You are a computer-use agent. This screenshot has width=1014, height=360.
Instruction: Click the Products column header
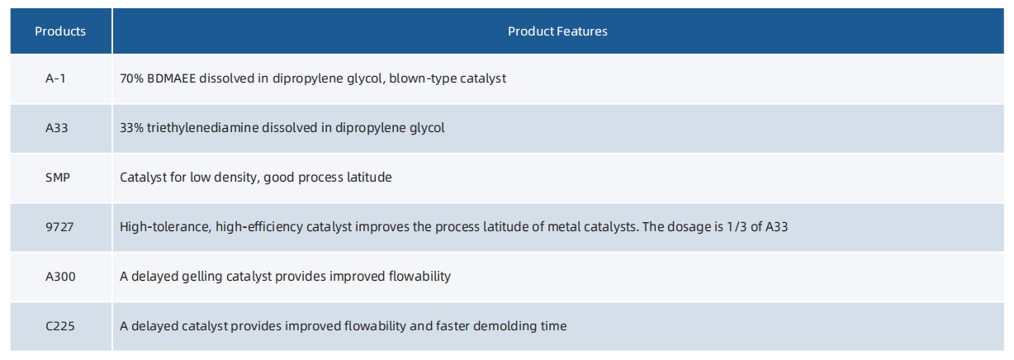(60, 31)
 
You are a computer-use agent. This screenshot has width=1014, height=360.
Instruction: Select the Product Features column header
(557, 31)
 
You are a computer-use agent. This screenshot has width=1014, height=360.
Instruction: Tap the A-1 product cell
(55, 78)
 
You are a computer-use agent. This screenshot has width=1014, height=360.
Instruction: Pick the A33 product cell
(57, 128)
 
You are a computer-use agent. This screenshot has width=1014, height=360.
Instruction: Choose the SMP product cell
(58, 178)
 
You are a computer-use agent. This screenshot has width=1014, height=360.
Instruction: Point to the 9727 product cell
(59, 227)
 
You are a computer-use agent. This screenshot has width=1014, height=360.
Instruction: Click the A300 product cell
(60, 277)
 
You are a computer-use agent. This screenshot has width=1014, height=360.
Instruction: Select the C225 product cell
(59, 326)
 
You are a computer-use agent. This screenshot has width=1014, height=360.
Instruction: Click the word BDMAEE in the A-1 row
(172, 78)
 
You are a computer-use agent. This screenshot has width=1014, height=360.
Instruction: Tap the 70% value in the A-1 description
(131, 78)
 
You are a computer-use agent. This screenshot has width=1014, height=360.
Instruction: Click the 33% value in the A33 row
(131, 128)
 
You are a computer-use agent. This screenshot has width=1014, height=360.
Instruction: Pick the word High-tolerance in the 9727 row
(166, 227)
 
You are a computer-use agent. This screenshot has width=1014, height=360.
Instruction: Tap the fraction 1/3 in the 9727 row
(737, 227)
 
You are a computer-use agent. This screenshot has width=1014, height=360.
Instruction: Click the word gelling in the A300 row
(202, 277)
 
